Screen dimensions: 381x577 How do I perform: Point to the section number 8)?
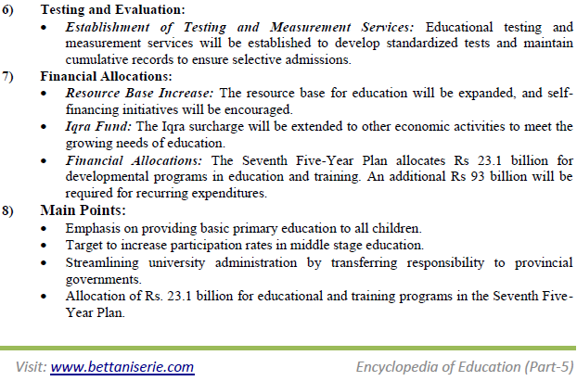(x=10, y=210)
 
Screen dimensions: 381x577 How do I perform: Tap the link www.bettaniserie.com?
(x=122, y=366)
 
